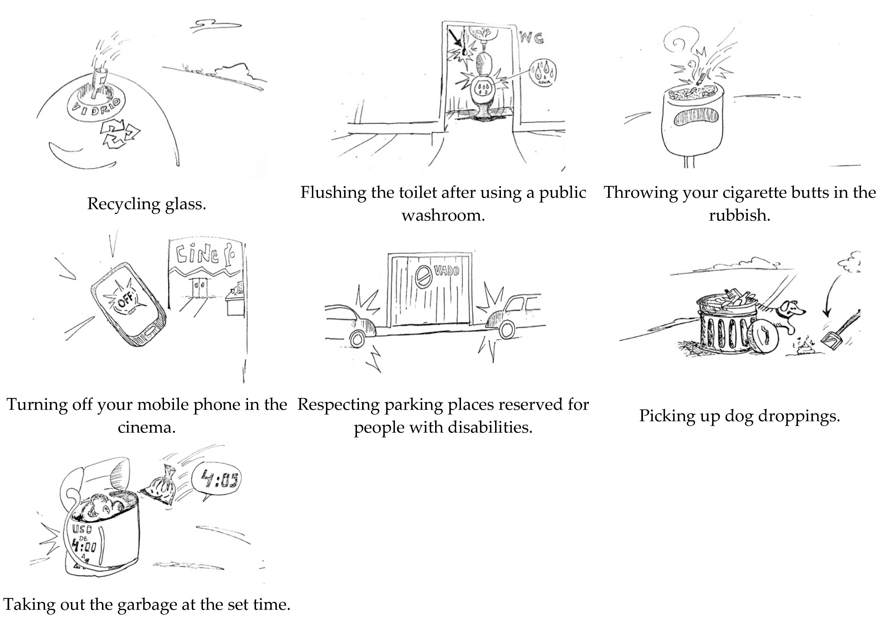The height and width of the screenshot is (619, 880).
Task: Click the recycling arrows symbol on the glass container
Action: click(x=120, y=134)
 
